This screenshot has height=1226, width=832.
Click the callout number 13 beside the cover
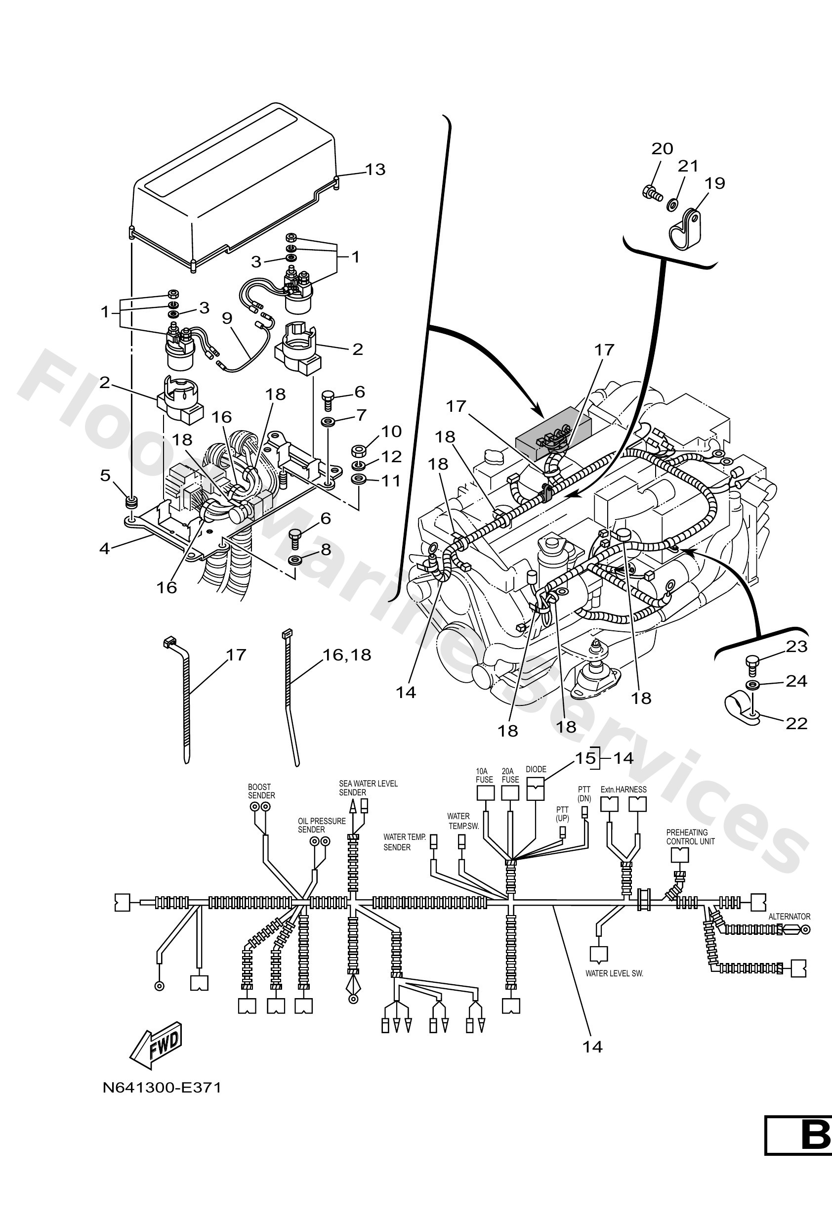tap(375, 170)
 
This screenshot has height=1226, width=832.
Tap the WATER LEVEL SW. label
tap(614, 973)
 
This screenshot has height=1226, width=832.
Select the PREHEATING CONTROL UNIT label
tap(690, 836)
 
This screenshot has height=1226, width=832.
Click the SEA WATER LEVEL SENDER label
tap(368, 788)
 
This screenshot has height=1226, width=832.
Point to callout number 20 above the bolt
tap(662, 149)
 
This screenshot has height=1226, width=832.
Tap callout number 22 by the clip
tap(796, 723)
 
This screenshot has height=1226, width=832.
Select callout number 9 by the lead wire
tap(227, 318)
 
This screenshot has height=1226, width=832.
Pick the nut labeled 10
tap(359, 451)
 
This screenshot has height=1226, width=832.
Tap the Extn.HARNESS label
tap(623, 789)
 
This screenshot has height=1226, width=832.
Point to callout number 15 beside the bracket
tap(584, 758)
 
